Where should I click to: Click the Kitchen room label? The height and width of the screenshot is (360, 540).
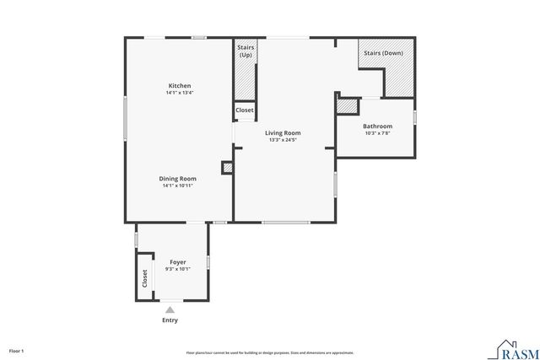tap(180, 86)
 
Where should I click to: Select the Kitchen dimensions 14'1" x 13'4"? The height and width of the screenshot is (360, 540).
tap(180, 93)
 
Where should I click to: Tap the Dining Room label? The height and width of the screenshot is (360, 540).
tap(178, 178)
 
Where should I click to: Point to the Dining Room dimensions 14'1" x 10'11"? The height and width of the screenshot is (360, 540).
tap(178, 185)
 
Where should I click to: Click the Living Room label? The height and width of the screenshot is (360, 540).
tap(283, 132)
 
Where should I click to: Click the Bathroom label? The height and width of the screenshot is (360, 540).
tap(377, 126)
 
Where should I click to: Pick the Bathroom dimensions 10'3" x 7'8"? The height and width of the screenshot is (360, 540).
tap(377, 133)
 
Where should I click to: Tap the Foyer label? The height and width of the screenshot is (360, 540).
tap(178, 262)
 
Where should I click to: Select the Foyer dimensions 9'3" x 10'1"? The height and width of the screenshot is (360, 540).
tap(178, 269)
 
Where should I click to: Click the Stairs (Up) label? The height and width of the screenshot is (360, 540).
tap(246, 51)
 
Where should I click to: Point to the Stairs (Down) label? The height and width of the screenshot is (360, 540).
tap(382, 53)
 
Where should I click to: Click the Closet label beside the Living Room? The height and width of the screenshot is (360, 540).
tap(245, 110)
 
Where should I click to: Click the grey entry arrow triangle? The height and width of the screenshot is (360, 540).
tap(170, 309)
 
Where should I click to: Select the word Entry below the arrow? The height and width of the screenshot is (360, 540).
tap(170, 320)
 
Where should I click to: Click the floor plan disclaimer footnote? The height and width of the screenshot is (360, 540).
tap(270, 352)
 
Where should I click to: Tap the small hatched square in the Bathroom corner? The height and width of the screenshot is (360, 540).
tap(346, 106)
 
